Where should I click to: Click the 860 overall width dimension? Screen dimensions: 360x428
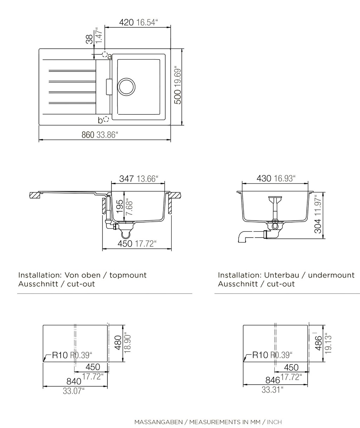tap(88, 135)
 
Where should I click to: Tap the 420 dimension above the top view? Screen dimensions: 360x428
tap(126, 22)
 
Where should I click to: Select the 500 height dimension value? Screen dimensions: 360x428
tap(178, 97)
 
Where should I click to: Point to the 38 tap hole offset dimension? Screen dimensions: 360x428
tap(89, 39)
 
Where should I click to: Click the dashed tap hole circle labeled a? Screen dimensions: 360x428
tap(105, 54)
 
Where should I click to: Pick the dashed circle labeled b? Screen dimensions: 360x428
tap(106, 119)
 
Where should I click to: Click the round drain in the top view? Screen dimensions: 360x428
tap(126, 87)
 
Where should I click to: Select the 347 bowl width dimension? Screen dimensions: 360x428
tap(127, 179)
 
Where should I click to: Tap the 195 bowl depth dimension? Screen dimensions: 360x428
tap(120, 206)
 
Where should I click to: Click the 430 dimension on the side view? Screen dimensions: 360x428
tap(264, 178)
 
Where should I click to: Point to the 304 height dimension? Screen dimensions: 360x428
tap(318, 226)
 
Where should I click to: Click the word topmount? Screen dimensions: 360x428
tap(128, 275)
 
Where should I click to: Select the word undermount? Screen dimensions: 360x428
tap(331, 275)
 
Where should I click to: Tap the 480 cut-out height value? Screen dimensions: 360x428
tap(118, 343)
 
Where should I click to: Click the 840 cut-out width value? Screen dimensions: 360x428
tap(74, 381)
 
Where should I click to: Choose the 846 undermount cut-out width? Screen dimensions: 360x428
tap(273, 380)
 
